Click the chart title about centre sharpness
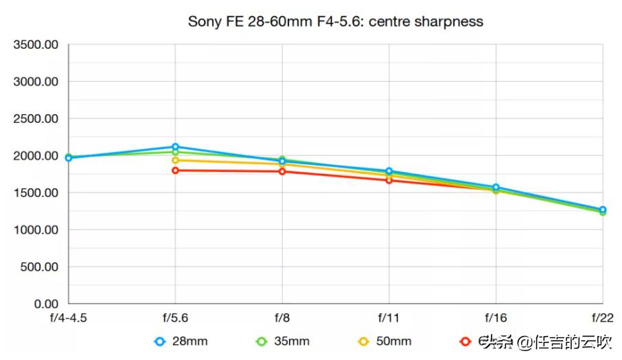[x=335, y=21]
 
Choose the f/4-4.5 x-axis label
[x=68, y=318]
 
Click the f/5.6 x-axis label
[x=176, y=318]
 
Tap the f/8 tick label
[x=282, y=318]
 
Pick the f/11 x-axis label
[x=389, y=318]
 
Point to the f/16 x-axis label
[x=496, y=318]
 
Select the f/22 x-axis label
[x=601, y=318]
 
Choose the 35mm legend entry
[x=282, y=341]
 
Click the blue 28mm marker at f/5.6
[x=176, y=147]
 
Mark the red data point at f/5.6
[x=176, y=170]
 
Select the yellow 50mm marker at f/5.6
[x=176, y=160]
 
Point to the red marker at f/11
[x=389, y=180]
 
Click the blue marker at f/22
[x=602, y=210]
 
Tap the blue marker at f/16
[x=496, y=187]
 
